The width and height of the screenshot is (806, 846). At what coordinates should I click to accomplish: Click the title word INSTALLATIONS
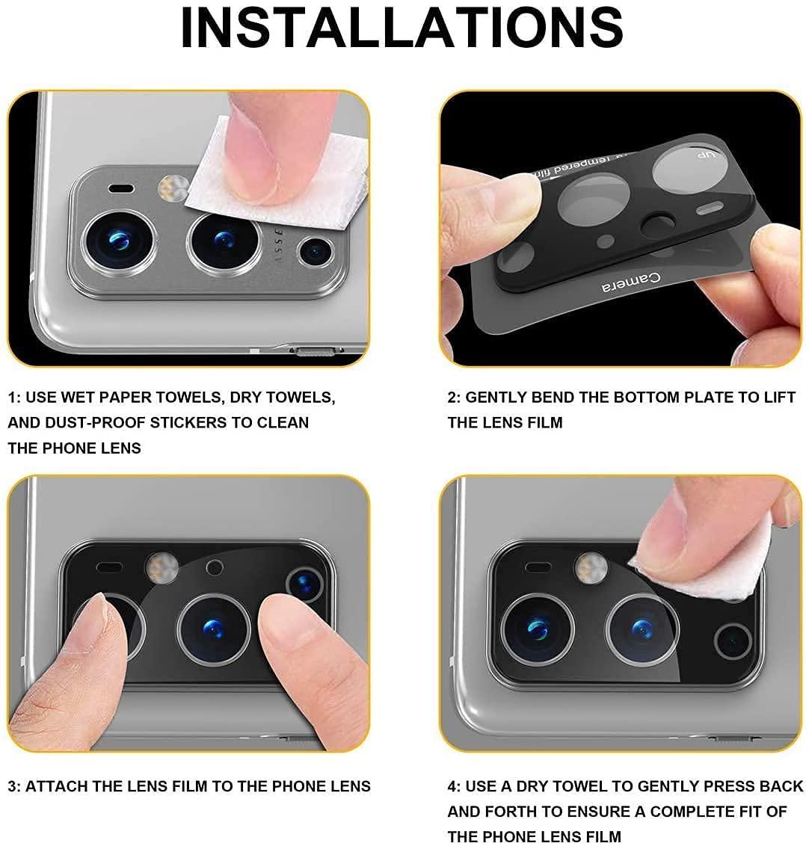[402, 28]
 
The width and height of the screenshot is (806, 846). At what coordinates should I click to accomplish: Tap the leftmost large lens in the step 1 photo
[119, 240]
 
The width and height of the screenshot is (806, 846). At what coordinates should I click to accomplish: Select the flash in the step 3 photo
[161, 567]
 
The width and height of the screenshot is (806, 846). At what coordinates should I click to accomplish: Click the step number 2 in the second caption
[452, 397]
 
